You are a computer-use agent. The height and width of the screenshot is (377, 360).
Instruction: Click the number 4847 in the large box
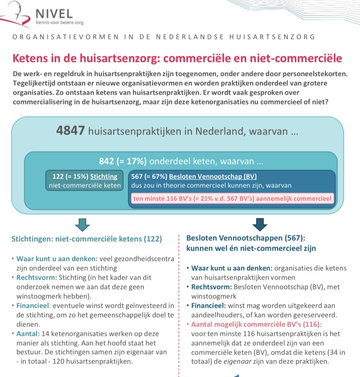pyautogui.click(x=71, y=131)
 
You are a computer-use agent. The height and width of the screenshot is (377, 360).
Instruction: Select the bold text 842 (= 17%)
pyautogui.click(x=123, y=162)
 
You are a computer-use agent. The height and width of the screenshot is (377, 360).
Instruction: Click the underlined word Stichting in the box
pyautogui.click(x=103, y=177)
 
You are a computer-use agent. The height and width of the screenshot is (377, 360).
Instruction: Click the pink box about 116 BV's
pyautogui.click(x=232, y=199)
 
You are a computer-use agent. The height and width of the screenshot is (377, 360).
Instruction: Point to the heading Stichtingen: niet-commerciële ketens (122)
pyautogui.click(x=87, y=239)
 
